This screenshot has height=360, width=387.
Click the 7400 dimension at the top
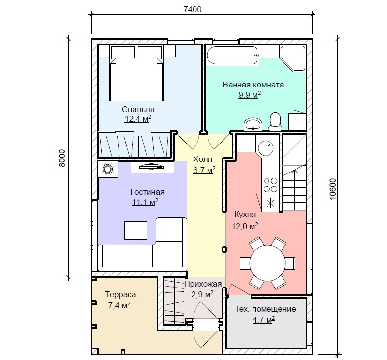(193, 9)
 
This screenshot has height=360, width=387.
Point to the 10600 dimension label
(333, 189)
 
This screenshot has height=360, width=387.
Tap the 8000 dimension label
(62, 158)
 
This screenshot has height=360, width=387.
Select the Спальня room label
(138, 109)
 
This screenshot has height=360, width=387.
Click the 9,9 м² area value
(250, 94)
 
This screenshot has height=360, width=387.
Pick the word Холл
(203, 159)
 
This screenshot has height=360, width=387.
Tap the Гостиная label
(148, 192)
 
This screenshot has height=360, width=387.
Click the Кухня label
(245, 214)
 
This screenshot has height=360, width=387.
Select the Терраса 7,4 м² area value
(119, 305)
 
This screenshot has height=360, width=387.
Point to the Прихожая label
(203, 284)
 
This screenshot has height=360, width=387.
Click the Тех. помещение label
(265, 309)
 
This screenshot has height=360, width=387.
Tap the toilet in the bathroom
(275, 121)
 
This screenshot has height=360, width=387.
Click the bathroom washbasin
(253, 124)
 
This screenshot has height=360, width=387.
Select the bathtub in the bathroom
(232, 56)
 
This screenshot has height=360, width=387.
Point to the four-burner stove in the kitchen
(270, 185)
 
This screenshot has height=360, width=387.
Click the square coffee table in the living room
(135, 230)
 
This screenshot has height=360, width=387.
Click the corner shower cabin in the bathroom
(293, 58)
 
